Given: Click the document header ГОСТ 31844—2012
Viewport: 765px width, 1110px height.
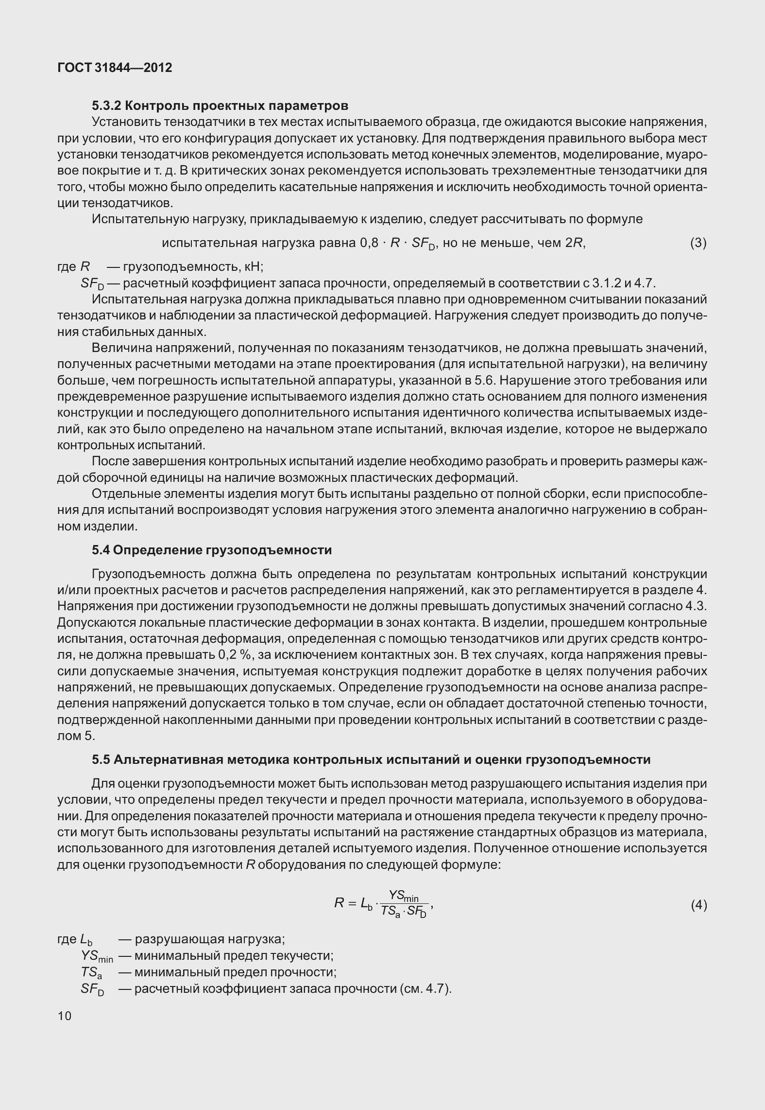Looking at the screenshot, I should (x=115, y=68).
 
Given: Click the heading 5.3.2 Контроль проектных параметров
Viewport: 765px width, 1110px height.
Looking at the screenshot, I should (x=220, y=106).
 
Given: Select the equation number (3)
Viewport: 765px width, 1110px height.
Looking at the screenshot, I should (x=698, y=243).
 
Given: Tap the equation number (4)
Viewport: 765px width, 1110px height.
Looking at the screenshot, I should (x=698, y=905).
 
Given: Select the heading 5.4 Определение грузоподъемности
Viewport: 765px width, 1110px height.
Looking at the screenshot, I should (x=212, y=550).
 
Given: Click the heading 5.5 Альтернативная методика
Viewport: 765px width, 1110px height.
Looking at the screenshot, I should (x=371, y=759).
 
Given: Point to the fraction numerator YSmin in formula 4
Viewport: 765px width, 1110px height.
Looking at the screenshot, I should (x=407, y=896).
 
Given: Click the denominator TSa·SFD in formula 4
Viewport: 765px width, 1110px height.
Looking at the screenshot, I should (x=403, y=912).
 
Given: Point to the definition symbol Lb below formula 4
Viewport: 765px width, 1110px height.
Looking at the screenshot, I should (x=87, y=940).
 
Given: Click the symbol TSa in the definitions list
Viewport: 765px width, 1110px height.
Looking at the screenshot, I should (x=91, y=972).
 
